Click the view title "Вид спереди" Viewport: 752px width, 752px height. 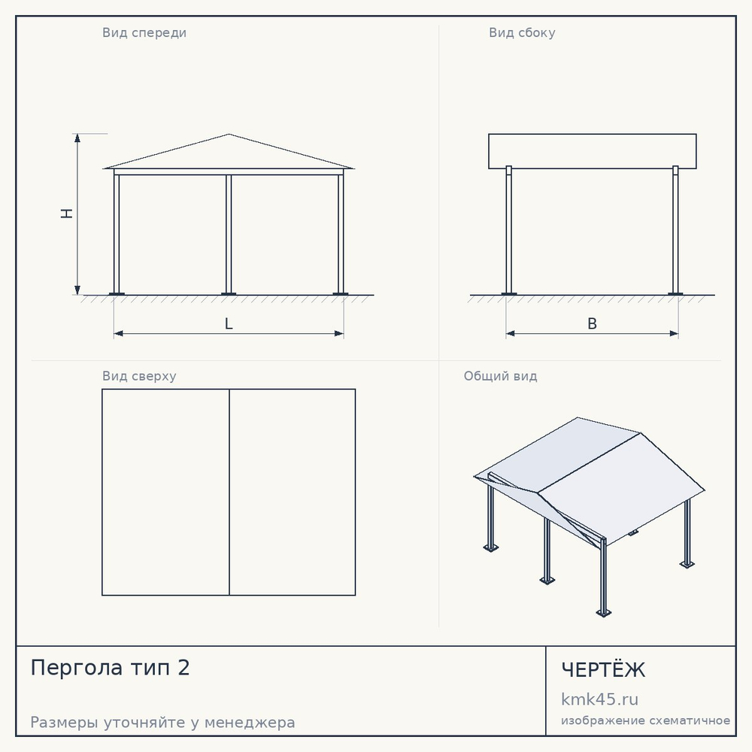(x=144, y=33)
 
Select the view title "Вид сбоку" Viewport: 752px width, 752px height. (x=522, y=33)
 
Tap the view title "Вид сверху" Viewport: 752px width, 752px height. (x=139, y=376)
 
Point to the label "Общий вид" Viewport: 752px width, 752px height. (x=500, y=376)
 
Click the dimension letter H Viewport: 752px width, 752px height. (x=67, y=214)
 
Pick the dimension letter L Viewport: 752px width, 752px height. (x=229, y=323)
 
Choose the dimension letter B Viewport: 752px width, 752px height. (x=593, y=323)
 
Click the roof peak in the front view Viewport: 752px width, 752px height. (x=229, y=135)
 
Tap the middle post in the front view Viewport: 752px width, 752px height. (x=229, y=234)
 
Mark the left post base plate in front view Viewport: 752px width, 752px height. (x=117, y=294)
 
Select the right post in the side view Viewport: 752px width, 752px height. (x=676, y=230)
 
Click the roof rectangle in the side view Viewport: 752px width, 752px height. (x=593, y=152)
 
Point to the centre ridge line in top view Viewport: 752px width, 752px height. (x=229, y=492)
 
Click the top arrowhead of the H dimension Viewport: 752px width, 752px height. (x=77, y=138)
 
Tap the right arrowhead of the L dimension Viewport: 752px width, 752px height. (x=338, y=333)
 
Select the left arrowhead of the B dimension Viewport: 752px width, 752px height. (x=511, y=333)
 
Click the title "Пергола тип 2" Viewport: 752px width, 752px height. (x=111, y=668)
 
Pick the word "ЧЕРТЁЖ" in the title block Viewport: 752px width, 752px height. (x=603, y=669)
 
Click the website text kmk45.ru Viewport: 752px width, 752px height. (x=599, y=699)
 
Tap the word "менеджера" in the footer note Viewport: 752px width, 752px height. (x=250, y=722)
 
